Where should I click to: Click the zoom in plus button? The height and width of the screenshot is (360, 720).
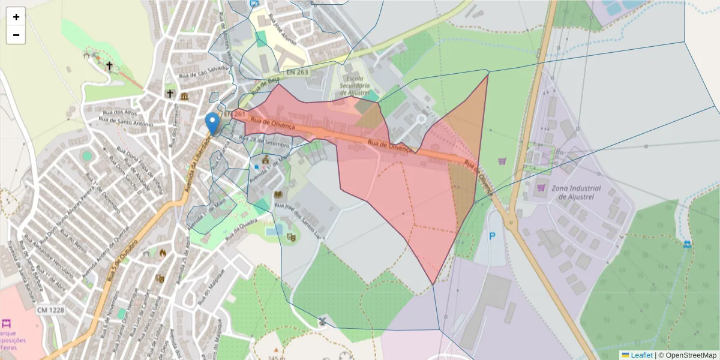[16, 17]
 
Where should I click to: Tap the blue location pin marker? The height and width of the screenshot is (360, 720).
[212, 123]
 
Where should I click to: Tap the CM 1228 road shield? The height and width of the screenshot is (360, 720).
[50, 310]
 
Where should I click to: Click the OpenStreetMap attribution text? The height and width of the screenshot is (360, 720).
[687, 355]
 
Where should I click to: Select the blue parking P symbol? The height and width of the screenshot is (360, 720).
[492, 236]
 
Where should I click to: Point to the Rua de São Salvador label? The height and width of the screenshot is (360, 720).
[205, 71]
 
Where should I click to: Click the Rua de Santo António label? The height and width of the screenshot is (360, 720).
[124, 124]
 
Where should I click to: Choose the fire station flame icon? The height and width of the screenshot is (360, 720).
[161, 253]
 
